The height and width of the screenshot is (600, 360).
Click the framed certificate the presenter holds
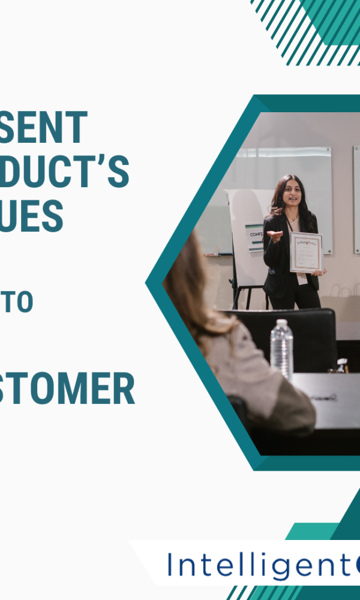coord(306,252)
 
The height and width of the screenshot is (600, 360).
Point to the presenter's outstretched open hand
coord(275,235)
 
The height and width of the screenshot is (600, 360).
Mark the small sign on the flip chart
coord(254,238)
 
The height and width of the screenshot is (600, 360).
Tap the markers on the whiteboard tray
coord(213,254)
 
